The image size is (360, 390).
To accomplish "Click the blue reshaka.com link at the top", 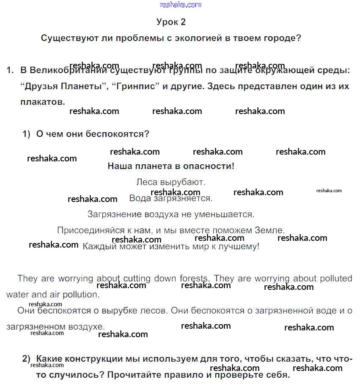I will pos(181,5).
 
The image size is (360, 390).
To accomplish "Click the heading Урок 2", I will pos(171,22).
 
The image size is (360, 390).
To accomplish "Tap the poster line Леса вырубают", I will pos(171,183).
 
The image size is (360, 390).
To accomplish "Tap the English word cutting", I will pos(138,278).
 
